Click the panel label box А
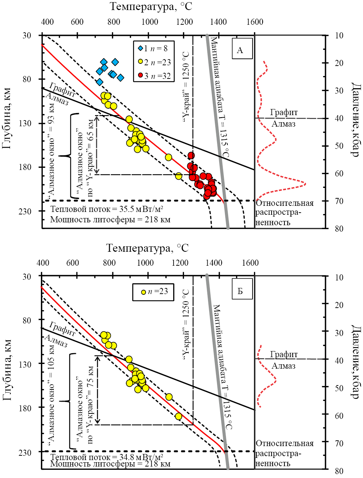(240, 50)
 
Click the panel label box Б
(240, 291)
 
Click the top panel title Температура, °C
(151, 6)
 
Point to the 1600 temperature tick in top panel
(255, 22)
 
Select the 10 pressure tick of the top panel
(339, 36)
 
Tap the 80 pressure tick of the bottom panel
(339, 471)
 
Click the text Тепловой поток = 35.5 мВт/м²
(107, 209)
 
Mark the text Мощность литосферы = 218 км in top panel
(110, 219)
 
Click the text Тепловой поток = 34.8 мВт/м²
(107, 457)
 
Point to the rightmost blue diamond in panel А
(121, 78)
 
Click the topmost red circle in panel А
(191, 155)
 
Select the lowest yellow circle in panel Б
(178, 416)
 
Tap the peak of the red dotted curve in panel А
(305, 184)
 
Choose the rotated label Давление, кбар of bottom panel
(354, 362)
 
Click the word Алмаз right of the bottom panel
(283, 366)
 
